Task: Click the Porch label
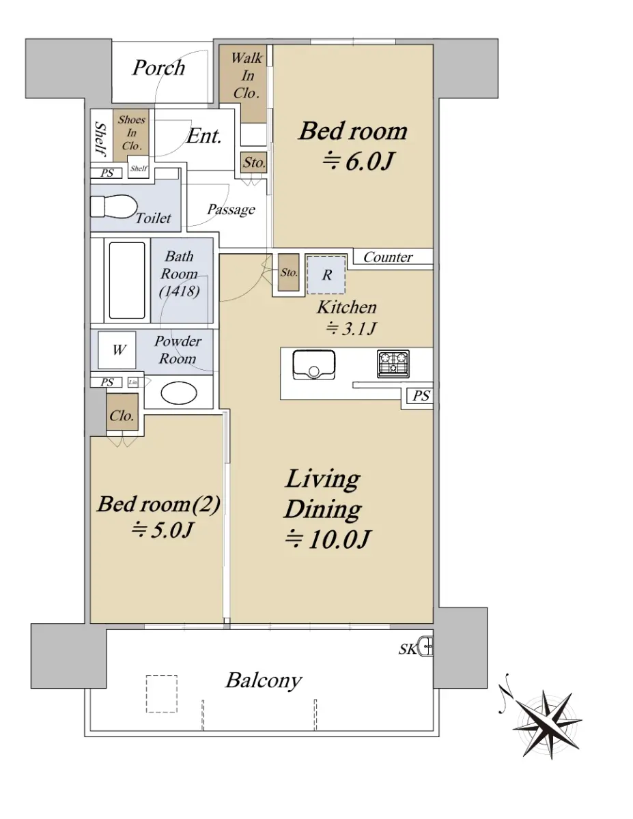click(158, 68)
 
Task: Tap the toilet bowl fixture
click(114, 206)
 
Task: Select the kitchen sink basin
click(314, 364)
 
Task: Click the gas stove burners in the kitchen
click(393, 364)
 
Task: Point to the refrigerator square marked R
click(326, 275)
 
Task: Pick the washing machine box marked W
click(117, 350)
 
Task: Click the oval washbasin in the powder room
click(179, 394)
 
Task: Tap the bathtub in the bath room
click(127, 281)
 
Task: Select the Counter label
click(388, 257)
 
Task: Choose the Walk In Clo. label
click(247, 76)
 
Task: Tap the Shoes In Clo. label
click(131, 132)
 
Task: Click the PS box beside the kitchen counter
click(421, 396)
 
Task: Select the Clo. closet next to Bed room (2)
click(122, 412)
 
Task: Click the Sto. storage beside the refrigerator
click(289, 272)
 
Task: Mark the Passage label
click(231, 210)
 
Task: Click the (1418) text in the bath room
click(179, 291)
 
